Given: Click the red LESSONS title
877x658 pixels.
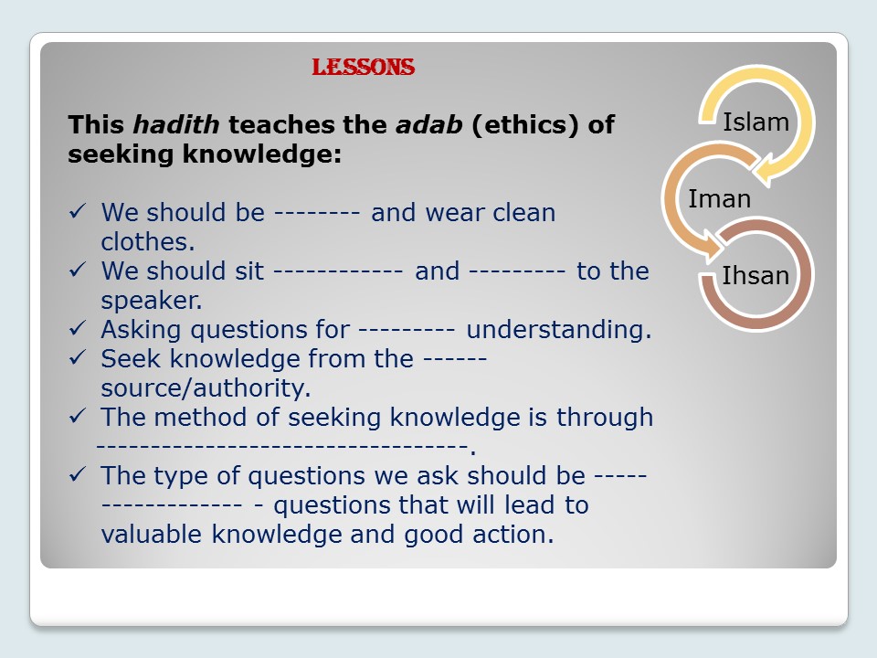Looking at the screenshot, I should tap(364, 67).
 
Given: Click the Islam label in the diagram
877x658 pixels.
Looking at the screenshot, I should tap(755, 122).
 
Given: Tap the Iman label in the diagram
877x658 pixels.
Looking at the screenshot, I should tap(719, 198).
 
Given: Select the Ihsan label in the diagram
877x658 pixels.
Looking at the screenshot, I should tap(755, 275).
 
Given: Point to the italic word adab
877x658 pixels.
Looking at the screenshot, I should tap(429, 124).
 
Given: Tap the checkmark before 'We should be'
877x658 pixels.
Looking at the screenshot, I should tap(79, 213).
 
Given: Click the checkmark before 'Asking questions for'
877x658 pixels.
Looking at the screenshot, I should tap(79, 330).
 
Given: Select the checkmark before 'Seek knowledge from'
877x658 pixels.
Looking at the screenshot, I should tap(79, 359).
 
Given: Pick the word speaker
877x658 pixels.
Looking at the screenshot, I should tap(151, 301).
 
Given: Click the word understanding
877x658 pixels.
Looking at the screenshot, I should tap(559, 329).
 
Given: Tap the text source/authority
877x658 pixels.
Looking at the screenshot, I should tap(206, 388).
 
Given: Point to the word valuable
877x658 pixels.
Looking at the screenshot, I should tap(153, 535).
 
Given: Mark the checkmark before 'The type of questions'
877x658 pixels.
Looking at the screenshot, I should tap(79, 476).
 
